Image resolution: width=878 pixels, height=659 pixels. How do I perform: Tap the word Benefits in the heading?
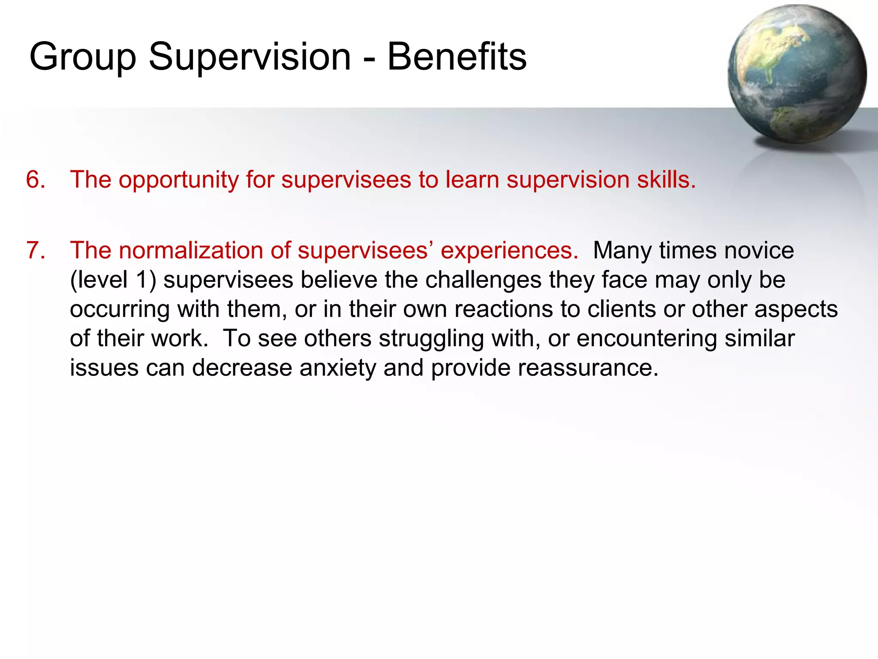457,57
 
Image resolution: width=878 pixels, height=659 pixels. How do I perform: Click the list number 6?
35,179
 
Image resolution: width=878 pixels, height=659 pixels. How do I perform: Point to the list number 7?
35,250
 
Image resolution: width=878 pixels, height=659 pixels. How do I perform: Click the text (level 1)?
113,280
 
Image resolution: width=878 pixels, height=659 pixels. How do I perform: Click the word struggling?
431,339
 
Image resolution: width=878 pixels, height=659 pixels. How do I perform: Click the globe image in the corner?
797,74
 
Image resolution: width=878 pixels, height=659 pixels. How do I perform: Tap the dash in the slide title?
369,59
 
